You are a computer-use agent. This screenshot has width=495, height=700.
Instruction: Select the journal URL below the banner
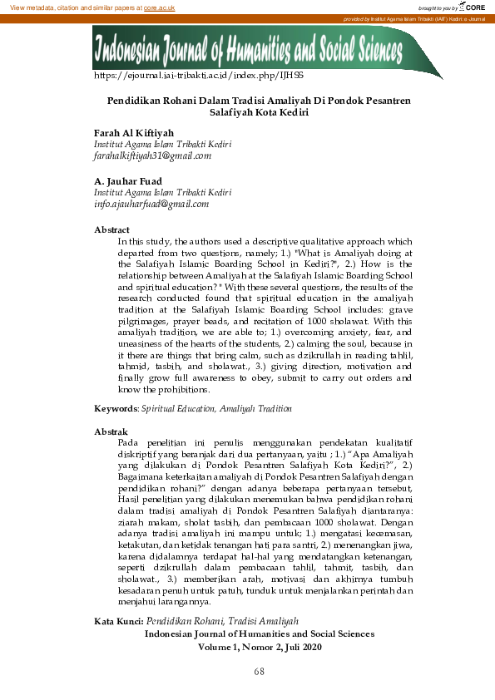[187, 76]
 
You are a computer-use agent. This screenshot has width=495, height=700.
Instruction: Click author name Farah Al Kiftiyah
[133, 132]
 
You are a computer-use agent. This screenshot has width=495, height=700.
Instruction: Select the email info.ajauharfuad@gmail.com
[151, 203]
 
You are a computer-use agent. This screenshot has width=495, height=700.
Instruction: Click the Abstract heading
[111, 229]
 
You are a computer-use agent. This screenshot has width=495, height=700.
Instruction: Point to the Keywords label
[115, 409]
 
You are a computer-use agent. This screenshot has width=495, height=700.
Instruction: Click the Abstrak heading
[111, 432]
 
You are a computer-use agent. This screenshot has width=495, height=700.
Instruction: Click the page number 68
[259, 670]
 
